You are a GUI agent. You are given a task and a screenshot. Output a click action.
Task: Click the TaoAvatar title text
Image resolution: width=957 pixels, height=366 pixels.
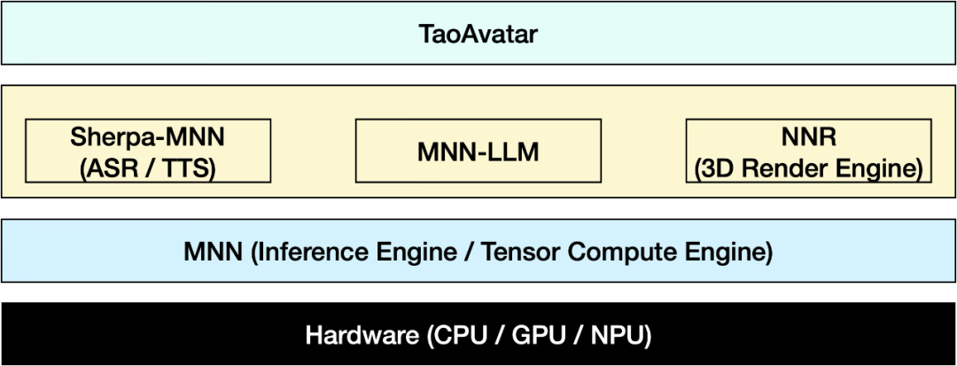[478, 34]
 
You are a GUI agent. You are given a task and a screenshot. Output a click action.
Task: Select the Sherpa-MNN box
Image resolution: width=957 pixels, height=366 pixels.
[148, 151]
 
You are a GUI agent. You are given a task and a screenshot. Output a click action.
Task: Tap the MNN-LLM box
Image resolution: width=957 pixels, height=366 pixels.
[478, 151]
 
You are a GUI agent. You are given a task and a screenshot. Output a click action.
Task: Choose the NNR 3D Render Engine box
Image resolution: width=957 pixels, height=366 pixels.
[809, 151]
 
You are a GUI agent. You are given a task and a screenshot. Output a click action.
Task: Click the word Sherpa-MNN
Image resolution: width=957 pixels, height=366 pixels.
[148, 136]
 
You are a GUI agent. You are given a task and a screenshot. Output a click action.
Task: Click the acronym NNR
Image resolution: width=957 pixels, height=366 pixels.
[809, 136]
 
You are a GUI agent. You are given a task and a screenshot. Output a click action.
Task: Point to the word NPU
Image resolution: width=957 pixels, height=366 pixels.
[615, 336]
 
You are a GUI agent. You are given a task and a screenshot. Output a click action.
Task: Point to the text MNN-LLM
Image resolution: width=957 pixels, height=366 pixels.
[478, 152]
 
